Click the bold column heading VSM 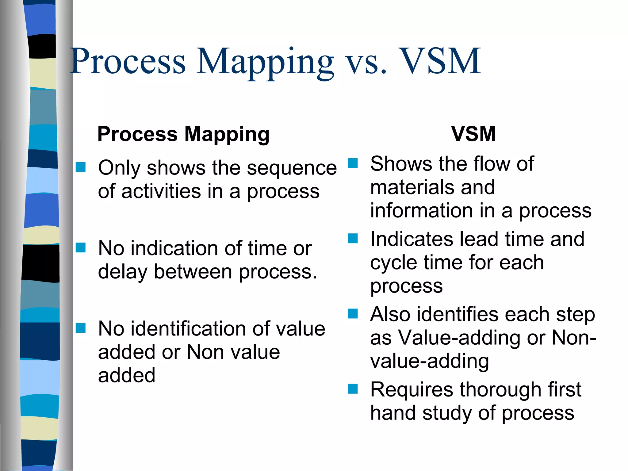click(x=473, y=134)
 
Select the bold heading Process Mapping click(x=183, y=134)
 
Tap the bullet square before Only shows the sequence click(x=81, y=167)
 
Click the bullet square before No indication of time click(x=81, y=247)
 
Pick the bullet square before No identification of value click(x=81, y=328)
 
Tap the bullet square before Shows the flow click(x=353, y=163)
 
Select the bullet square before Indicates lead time click(x=353, y=238)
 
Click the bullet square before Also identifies click(x=353, y=314)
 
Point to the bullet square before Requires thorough click(x=353, y=389)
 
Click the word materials click(x=411, y=187)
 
